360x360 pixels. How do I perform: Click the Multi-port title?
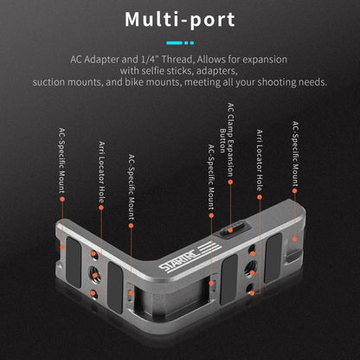point(180,19)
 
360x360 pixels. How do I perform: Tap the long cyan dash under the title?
point(174,43)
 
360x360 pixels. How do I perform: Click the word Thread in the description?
point(177,60)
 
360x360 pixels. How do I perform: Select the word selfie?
point(152,71)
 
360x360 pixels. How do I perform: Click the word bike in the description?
point(134,82)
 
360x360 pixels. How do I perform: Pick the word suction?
point(48,82)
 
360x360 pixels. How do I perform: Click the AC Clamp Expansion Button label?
point(227,139)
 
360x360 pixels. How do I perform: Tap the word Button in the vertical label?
point(222,140)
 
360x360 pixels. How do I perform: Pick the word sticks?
point(180,71)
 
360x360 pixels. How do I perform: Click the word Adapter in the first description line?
point(100,60)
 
